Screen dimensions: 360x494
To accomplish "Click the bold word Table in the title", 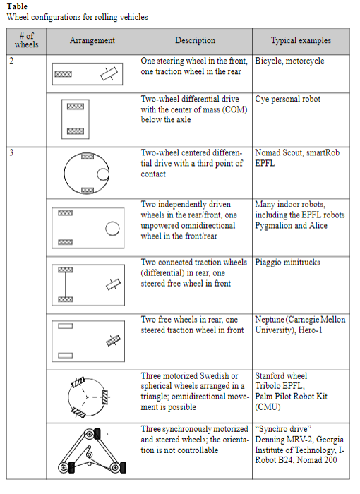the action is click(17, 6).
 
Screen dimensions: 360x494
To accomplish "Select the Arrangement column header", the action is click(92, 40).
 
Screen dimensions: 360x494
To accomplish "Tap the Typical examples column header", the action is click(301, 40).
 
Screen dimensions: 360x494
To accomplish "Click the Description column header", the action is click(195, 40).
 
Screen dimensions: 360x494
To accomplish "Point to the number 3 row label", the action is click(11, 153).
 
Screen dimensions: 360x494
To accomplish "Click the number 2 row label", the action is click(11, 61).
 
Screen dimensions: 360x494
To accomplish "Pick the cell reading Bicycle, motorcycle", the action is click(289, 61).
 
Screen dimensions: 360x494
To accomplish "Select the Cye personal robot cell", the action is click(287, 99).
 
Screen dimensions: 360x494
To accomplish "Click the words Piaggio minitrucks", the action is click(287, 263).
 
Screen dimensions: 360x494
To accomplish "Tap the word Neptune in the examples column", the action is click(270, 320).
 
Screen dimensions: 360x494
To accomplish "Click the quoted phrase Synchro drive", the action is click(283, 429).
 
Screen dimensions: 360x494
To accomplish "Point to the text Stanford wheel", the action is click(281, 376).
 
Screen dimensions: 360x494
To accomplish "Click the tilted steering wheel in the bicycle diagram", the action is click(109, 73).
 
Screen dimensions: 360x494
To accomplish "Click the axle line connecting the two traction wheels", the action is click(65, 284).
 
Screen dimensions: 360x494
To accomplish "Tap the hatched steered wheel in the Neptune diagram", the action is click(113, 341).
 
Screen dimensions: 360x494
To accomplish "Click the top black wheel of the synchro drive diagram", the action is click(97, 433).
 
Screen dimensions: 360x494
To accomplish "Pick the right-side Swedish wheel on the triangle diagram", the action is click(105, 397).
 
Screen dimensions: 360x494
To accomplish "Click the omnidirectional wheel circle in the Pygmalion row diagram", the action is click(112, 229).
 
